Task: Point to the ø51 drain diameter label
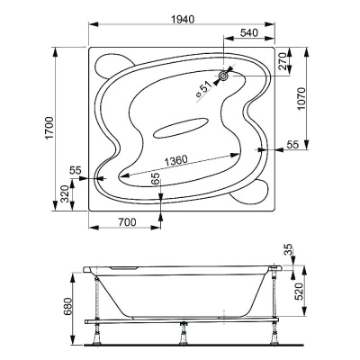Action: [203, 86]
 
